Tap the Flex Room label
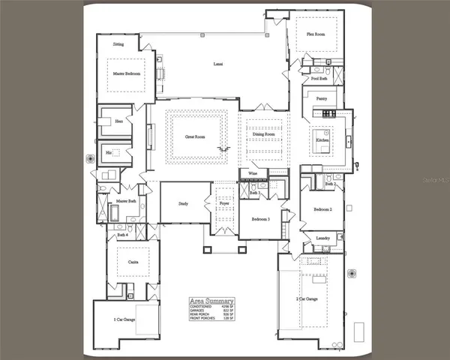tap(315, 34)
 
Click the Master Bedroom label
tap(128, 74)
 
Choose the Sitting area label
tap(118, 44)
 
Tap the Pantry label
tap(321, 98)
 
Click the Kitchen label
tap(322, 140)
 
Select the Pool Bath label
tap(319, 78)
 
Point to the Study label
tap(183, 203)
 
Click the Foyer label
tap(223, 203)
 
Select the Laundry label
tap(323, 238)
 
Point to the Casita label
tap(132, 262)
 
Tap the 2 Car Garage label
tap(307, 298)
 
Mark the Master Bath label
tap(125, 201)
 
